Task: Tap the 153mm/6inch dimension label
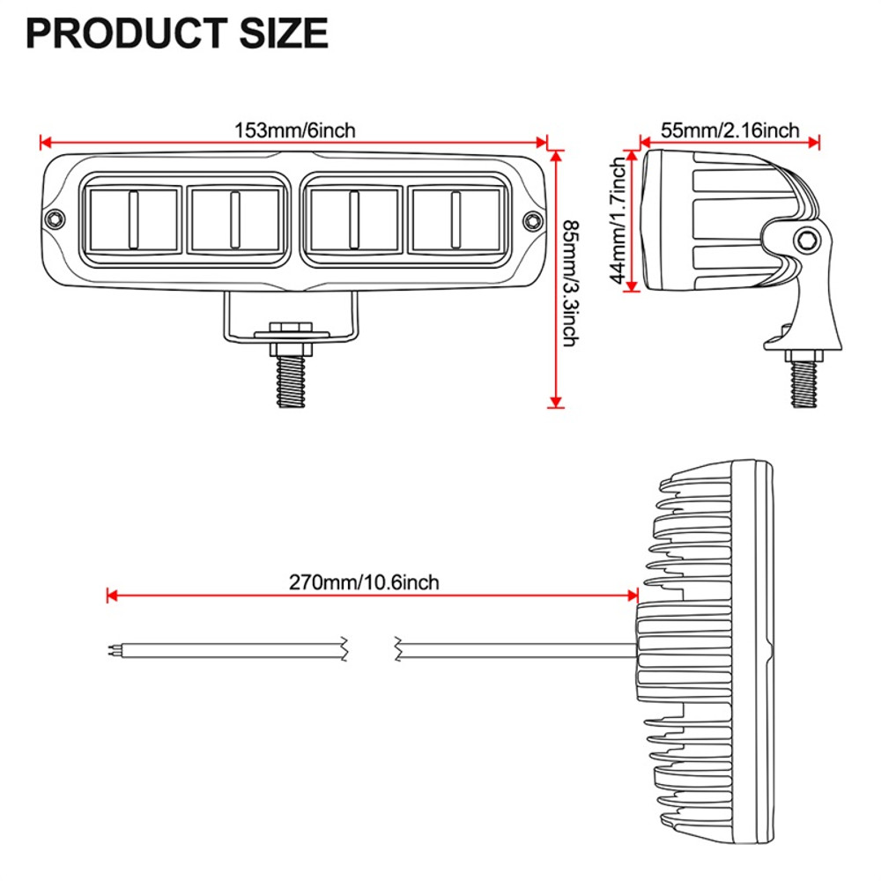click(x=295, y=130)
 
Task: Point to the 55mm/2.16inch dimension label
click(x=730, y=130)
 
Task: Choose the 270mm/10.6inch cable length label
click(x=364, y=582)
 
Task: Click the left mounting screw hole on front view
click(x=56, y=218)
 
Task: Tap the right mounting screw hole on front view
click(x=532, y=218)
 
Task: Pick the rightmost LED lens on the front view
click(x=455, y=218)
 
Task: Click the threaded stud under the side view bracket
click(x=804, y=383)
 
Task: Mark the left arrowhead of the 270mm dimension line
click(x=110, y=596)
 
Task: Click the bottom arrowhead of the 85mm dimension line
click(x=555, y=403)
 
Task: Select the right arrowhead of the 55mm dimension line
click(x=815, y=140)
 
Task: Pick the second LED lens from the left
click(x=235, y=218)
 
